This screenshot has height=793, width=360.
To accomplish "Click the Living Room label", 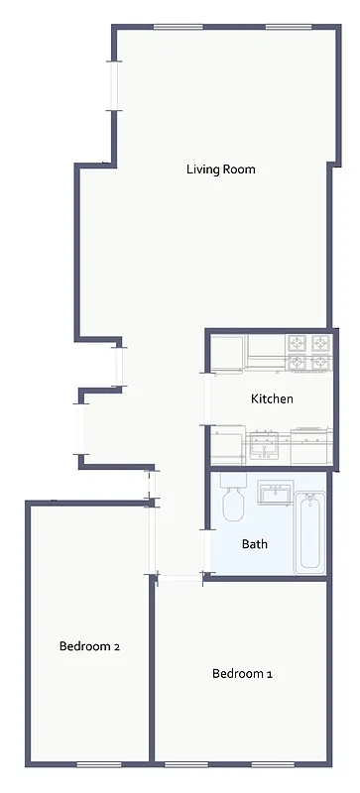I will click(x=220, y=170).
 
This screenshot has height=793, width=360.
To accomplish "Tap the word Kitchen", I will click(x=272, y=399).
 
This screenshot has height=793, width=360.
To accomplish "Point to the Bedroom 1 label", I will click(x=242, y=674).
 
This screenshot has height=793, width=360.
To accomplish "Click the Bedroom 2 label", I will click(x=89, y=646).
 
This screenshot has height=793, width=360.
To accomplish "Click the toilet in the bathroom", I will click(x=234, y=501).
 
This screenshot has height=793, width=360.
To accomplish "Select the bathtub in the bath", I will click(x=310, y=531).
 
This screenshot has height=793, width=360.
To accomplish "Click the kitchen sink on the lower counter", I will click(x=264, y=445).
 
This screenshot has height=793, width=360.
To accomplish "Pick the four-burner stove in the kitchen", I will click(x=307, y=351).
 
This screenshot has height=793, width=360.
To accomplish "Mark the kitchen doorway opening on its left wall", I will click(x=207, y=398).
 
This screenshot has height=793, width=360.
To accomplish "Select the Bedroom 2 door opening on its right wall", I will click(x=152, y=540).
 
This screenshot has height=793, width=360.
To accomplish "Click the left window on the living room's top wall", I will click(x=173, y=27).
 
